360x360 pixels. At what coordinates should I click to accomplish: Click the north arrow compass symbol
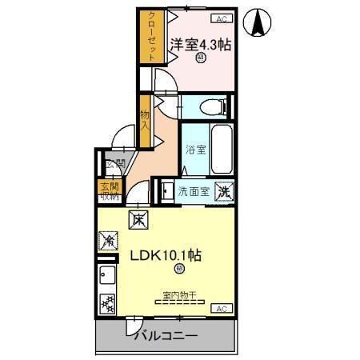[258, 22]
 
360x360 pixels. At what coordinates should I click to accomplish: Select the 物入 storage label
[145, 120]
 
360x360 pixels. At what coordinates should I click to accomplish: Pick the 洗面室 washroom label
[193, 192]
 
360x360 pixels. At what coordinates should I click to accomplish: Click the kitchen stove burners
[107, 303]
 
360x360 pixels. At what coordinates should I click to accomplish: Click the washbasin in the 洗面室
[166, 191]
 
